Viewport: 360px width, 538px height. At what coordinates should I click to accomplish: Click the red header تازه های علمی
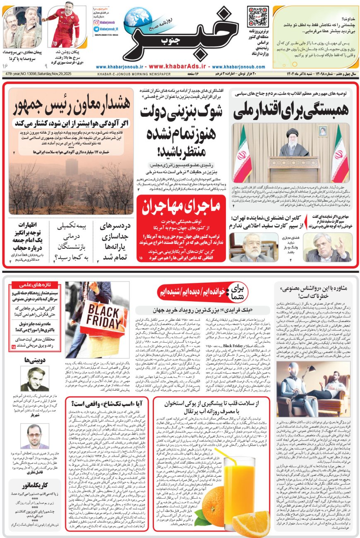pyautogui.click(x=36, y=285)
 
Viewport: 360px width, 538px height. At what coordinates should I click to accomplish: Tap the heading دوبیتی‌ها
pyautogui.click(x=36, y=360)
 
